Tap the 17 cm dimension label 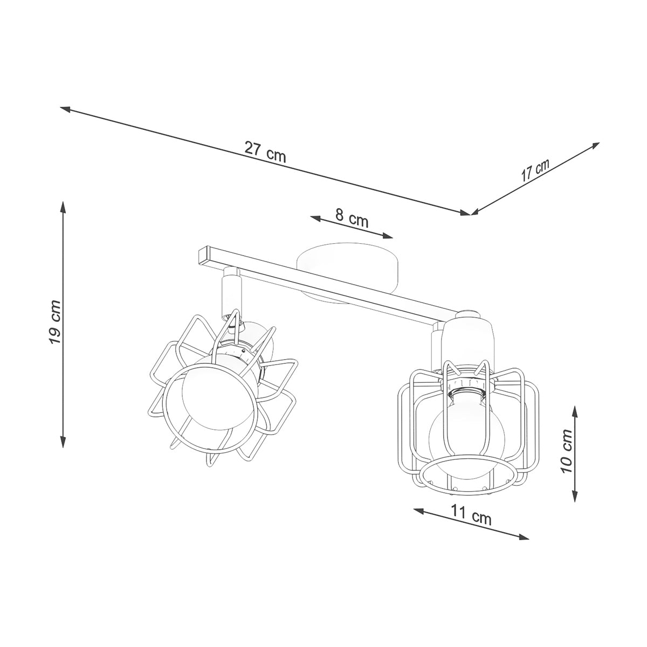tap(535, 170)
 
